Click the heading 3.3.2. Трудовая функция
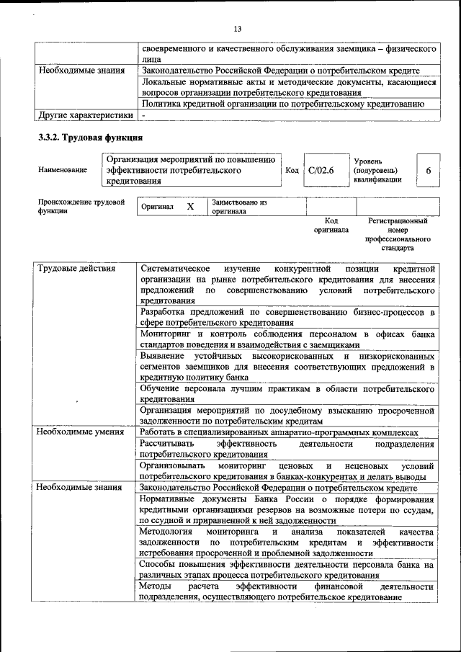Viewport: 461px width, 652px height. point(91,137)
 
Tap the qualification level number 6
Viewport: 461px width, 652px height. point(429,171)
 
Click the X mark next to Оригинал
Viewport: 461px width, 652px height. point(190,207)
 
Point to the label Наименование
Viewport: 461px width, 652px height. point(63,170)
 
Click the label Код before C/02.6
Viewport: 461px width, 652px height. point(292,171)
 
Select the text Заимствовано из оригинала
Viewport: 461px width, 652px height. point(238,207)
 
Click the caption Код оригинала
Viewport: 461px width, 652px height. point(331,225)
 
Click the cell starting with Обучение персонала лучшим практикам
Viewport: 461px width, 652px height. point(287,393)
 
